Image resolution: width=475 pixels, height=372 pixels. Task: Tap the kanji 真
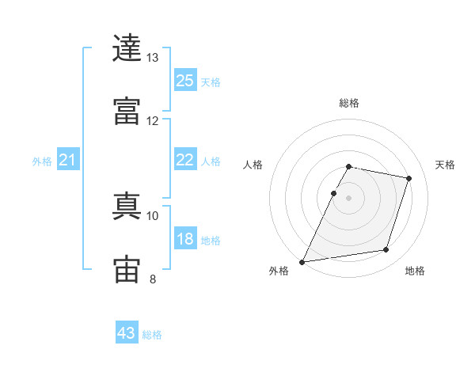[127, 207]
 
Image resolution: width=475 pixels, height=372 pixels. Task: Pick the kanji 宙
[127, 270]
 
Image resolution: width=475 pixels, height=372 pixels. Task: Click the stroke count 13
[152, 58]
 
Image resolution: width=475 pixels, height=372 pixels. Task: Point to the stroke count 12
[152, 120]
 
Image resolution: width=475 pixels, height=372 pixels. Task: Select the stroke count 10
[152, 215]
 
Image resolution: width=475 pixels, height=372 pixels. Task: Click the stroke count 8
[152, 279]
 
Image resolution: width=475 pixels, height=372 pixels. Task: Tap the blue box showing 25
[184, 81]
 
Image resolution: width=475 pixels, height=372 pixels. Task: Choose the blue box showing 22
[184, 160]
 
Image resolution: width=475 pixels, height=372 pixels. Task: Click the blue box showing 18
[184, 239]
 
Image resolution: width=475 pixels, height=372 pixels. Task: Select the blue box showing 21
[67, 160]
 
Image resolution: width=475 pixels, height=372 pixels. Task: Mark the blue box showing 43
[127, 333]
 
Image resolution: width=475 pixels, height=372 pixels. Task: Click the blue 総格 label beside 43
[152, 335]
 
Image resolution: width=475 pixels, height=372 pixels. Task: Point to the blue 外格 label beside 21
[42, 161]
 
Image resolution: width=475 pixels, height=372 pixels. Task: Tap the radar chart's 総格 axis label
[349, 103]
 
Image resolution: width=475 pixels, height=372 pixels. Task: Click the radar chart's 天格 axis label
[445, 165]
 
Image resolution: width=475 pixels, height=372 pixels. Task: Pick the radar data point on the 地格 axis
[386, 250]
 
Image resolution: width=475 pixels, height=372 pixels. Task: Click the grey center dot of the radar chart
[349, 197]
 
